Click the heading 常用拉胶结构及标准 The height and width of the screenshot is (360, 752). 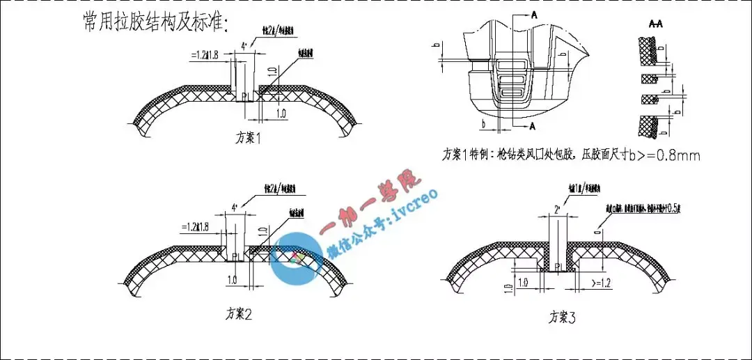pyautogui.click(x=155, y=22)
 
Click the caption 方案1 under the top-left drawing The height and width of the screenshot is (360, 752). pyautogui.click(x=248, y=138)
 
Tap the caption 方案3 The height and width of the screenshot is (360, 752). pyautogui.click(x=563, y=318)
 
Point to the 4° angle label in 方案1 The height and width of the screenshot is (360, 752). pyautogui.click(x=244, y=47)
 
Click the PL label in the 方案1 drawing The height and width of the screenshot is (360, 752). pyautogui.click(x=246, y=96)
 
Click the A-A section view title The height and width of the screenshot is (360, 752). pyautogui.click(x=655, y=24)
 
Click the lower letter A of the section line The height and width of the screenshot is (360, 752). pyautogui.click(x=533, y=126)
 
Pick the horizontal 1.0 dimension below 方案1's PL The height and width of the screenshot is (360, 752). pyautogui.click(x=281, y=113)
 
